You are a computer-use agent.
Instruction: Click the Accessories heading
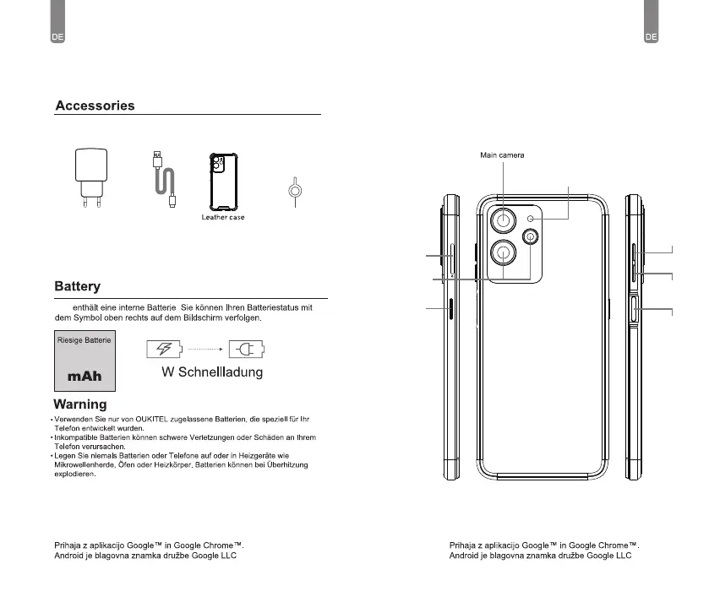[95, 106]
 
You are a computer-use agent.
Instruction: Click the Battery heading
[78, 287]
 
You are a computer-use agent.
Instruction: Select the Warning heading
[79, 404]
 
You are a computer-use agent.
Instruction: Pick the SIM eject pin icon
[293, 192]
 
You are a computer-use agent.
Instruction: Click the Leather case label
[223, 217]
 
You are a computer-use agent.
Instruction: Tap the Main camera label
[502, 155]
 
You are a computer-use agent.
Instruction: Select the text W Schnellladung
[212, 372]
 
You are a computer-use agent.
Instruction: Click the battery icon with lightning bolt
[165, 350]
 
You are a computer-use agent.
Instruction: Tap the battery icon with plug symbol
[247, 350]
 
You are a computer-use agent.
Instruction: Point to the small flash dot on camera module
[531, 219]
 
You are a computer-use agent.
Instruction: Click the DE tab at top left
[58, 36]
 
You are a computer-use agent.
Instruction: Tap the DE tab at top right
[651, 36]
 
